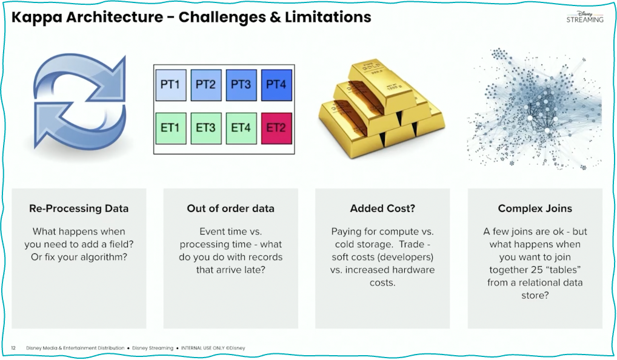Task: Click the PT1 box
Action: (170, 85)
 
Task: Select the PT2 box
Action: (205, 85)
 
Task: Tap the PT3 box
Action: (241, 85)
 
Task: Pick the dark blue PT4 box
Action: (276, 85)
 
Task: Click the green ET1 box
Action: (170, 128)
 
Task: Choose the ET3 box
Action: (205, 128)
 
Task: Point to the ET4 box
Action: (241, 128)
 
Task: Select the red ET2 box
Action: (276, 128)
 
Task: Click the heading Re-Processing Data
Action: (79, 208)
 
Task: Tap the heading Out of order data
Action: (230, 208)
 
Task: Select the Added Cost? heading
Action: (382, 208)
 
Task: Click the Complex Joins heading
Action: (535, 208)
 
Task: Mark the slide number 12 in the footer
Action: (13, 348)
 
